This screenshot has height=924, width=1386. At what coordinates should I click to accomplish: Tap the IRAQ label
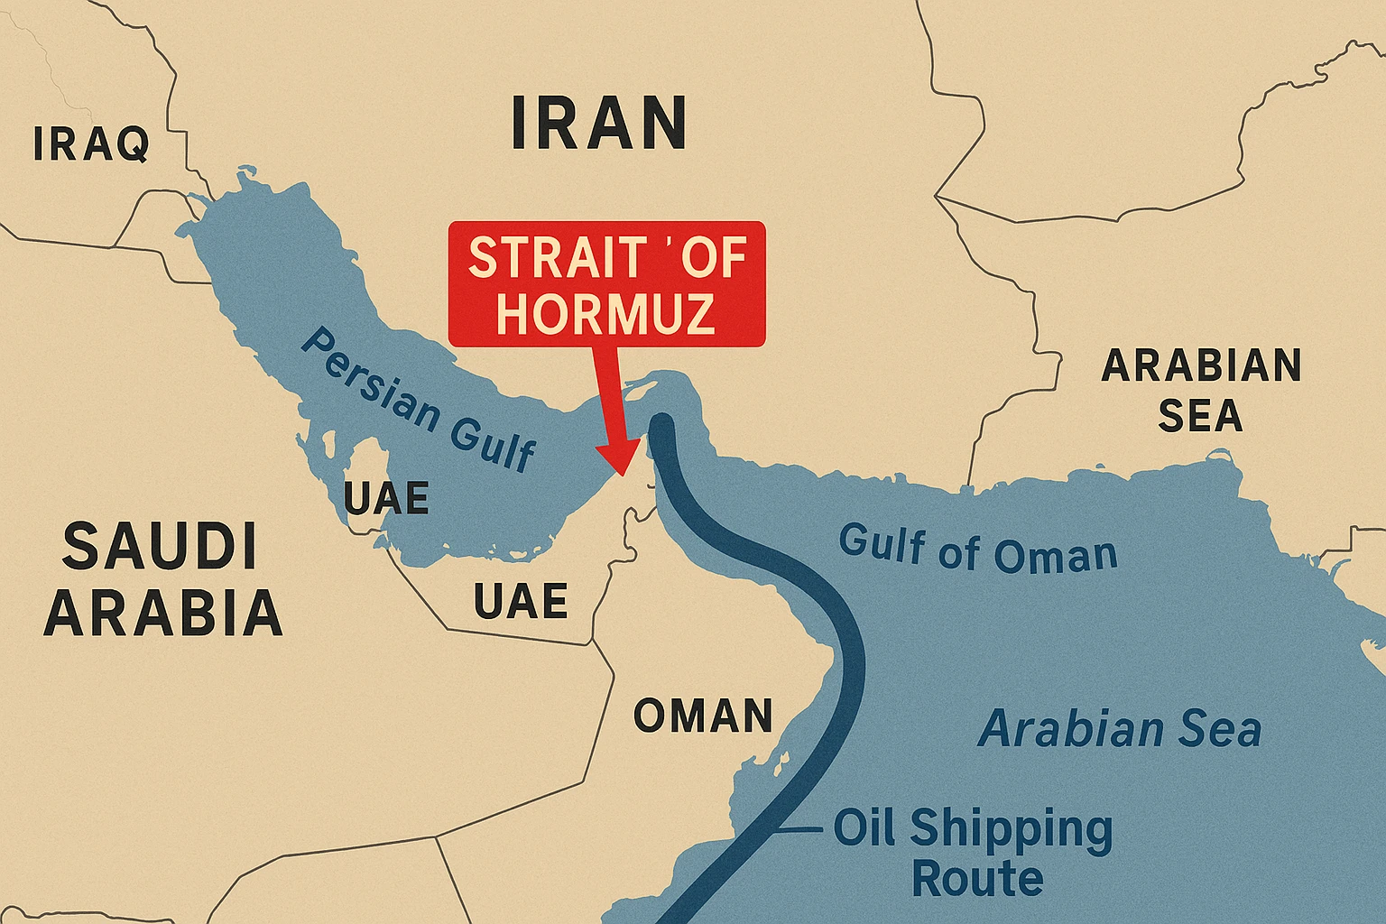[91, 144]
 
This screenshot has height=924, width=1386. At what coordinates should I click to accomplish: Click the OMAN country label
[703, 716]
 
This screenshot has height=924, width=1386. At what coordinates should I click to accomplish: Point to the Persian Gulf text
[418, 400]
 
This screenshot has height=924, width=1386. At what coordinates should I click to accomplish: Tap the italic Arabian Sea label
[1120, 728]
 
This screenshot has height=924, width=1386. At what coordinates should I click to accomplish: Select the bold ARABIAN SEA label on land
[1201, 391]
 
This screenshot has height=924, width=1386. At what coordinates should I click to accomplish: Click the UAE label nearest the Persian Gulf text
[386, 498]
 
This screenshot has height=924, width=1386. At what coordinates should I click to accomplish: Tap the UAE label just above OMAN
[521, 601]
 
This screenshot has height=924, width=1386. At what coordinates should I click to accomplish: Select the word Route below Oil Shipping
[977, 878]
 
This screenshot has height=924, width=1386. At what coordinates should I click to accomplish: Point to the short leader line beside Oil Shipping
[801, 828]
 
